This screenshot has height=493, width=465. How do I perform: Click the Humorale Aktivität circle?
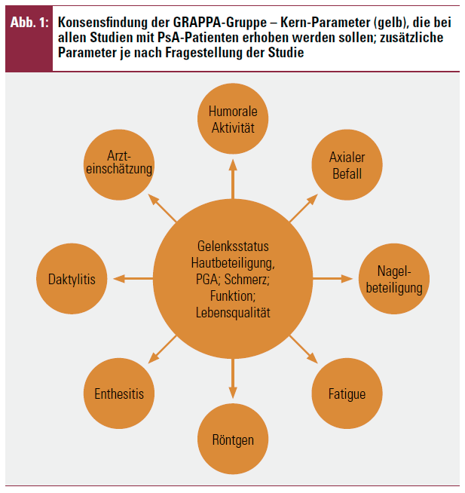(x=233, y=118)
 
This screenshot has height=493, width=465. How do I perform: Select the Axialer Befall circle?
(x=347, y=165)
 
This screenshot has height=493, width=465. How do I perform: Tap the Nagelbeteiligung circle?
(x=394, y=279)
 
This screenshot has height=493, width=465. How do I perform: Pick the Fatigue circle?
(x=347, y=393)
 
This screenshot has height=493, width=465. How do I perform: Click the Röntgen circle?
(x=233, y=439)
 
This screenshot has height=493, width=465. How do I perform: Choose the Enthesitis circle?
(x=119, y=393)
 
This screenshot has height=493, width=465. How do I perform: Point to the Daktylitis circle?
(x=72, y=279)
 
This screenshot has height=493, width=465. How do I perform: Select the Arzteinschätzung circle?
(x=119, y=165)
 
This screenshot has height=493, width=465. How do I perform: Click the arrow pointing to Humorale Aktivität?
(x=233, y=179)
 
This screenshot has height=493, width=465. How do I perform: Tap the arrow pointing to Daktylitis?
(x=133, y=279)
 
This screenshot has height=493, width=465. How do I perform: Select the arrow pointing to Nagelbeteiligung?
(x=332, y=279)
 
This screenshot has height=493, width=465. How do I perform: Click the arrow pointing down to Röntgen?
(x=233, y=378)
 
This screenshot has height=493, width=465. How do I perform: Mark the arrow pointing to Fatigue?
(x=304, y=349)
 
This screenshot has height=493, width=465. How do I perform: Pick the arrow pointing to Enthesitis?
(x=162, y=349)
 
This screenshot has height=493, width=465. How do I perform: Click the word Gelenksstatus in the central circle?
(x=233, y=246)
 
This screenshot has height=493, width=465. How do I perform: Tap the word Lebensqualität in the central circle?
(x=233, y=313)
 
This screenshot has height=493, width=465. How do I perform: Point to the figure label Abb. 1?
(x=29, y=23)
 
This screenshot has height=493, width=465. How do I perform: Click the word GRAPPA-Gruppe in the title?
(x=220, y=23)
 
